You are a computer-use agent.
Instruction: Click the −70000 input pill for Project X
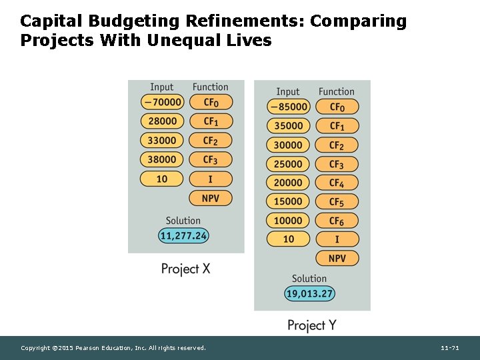click(x=162, y=102)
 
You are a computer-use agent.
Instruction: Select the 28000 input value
click(x=162, y=121)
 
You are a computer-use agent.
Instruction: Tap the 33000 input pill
click(x=162, y=141)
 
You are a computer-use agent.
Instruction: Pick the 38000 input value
click(x=162, y=159)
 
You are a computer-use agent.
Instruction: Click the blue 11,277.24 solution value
click(x=183, y=235)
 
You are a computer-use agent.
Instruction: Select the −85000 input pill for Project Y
click(x=288, y=107)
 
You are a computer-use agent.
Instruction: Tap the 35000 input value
click(x=288, y=125)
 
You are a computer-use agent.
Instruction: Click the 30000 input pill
click(x=288, y=145)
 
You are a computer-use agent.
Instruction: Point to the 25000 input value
click(x=288, y=164)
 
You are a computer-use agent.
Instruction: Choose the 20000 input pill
click(x=288, y=183)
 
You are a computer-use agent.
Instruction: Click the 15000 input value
click(x=288, y=201)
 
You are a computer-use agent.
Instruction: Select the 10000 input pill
click(x=288, y=221)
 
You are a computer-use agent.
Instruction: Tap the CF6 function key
click(x=337, y=221)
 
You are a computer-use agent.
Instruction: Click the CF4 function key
click(x=337, y=183)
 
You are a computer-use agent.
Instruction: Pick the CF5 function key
click(x=337, y=201)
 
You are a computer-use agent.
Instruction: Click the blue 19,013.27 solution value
click(x=309, y=293)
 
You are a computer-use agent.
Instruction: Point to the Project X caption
click(x=185, y=269)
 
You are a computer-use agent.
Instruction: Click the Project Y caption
click(x=311, y=325)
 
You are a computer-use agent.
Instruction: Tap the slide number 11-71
click(x=450, y=348)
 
